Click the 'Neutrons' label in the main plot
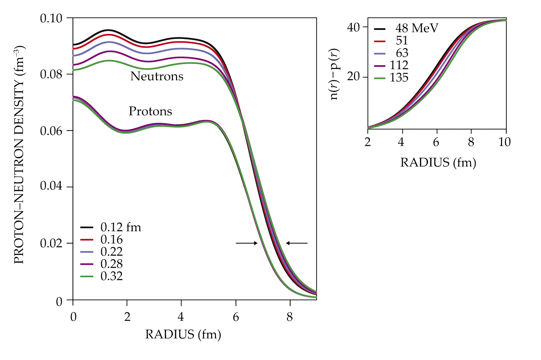coord(157,76)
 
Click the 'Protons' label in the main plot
coord(150,111)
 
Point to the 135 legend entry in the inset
coord(399,78)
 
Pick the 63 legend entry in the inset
coord(402,53)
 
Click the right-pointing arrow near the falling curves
coord(247,243)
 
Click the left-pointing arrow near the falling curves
coord(297,243)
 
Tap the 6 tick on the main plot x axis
coord(236,317)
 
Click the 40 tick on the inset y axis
coord(354,27)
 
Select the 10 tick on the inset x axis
coord(505,142)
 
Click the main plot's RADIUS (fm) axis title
coord(183,335)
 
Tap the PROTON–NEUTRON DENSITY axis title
coord(19,155)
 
